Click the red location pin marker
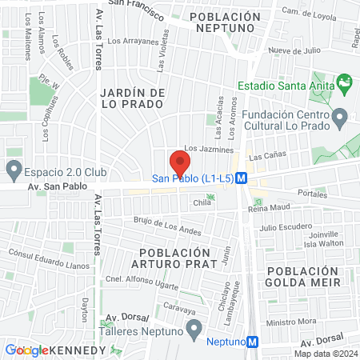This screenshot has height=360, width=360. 180,163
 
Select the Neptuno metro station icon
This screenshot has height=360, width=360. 253,342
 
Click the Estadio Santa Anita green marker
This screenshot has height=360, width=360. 345,82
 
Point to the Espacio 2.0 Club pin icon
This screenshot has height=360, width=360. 13,170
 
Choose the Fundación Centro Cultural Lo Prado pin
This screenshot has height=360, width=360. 340,118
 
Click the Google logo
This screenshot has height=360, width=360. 26,350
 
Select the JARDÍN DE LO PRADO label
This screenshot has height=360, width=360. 133,98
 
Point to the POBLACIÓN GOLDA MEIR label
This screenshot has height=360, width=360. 309,277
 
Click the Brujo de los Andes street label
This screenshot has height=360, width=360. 167,226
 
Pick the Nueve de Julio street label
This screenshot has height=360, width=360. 294,50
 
